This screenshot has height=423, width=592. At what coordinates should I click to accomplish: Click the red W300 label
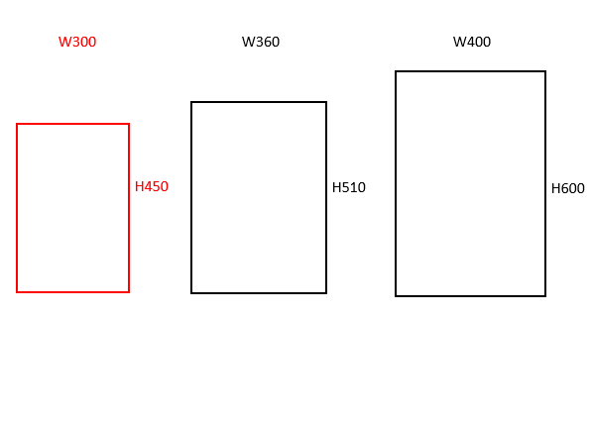[x=77, y=42]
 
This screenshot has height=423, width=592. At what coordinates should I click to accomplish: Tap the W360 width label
[x=261, y=42]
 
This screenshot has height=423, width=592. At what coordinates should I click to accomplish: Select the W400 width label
[x=472, y=42]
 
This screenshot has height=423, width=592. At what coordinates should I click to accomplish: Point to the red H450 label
[x=152, y=186]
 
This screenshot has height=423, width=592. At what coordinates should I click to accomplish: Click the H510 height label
[x=349, y=187]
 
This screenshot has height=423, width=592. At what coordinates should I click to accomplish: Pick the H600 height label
[x=568, y=188]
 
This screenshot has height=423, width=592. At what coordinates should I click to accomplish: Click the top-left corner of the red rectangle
[x=17, y=124]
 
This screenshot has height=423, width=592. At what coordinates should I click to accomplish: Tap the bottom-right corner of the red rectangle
[x=129, y=292]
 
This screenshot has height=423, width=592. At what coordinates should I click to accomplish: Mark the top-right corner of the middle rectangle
[x=326, y=102]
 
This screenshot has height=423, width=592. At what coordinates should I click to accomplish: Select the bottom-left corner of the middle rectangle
[x=191, y=293]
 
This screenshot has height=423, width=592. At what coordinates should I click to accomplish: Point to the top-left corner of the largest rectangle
[x=396, y=71]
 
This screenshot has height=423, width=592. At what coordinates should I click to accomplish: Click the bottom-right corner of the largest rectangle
[x=545, y=296]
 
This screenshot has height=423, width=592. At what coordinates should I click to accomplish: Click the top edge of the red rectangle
[x=72, y=124]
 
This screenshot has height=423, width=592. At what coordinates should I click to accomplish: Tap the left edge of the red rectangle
[x=17, y=208]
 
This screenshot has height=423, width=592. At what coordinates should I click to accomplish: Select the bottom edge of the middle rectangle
[x=259, y=293]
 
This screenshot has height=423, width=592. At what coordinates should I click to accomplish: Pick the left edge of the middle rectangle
[x=191, y=197]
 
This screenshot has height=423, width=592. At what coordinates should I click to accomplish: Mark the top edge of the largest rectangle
[x=470, y=71]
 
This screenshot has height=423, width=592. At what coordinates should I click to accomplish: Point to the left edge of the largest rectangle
[x=396, y=183]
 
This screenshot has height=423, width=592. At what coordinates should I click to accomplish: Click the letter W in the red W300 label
[x=64, y=42]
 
